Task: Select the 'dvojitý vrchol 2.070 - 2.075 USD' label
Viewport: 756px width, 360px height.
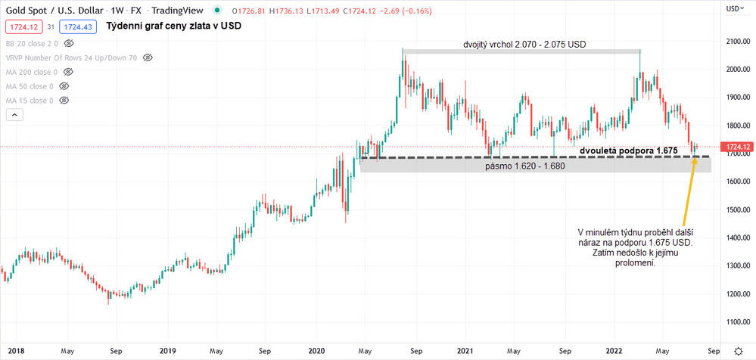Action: [524, 44]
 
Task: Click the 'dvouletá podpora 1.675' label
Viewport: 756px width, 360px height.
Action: [628, 151]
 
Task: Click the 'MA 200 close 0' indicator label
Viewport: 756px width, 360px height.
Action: [32, 72]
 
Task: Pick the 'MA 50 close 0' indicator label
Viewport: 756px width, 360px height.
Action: [30, 86]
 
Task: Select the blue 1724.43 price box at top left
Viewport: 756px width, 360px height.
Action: [78, 26]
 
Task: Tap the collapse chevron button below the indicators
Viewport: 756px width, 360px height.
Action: [14, 115]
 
